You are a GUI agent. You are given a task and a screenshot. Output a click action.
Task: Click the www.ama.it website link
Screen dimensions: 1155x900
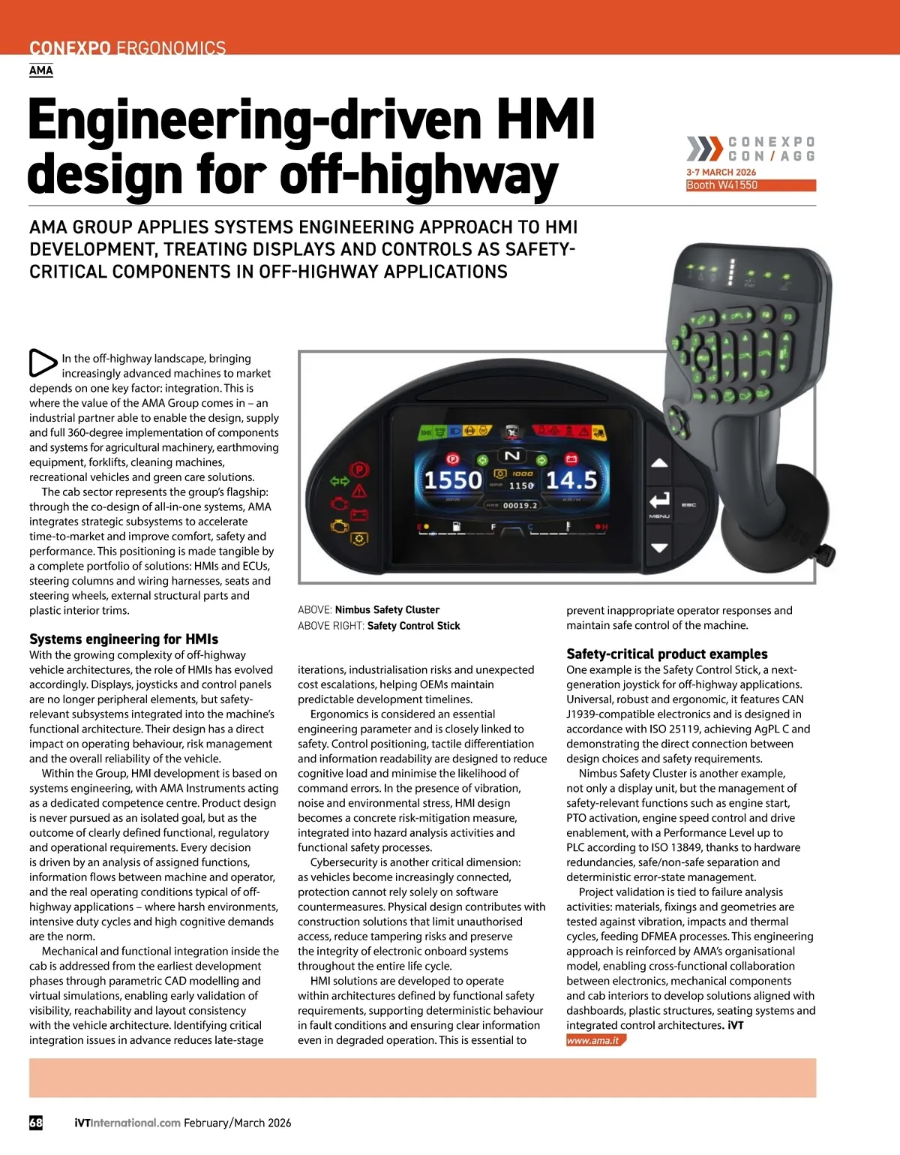(x=593, y=1041)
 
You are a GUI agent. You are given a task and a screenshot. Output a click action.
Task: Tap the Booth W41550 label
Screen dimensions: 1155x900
(x=722, y=185)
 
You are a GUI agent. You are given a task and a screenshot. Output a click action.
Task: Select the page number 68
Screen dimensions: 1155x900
(x=36, y=1123)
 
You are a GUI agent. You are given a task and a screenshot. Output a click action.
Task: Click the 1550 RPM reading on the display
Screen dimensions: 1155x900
(x=453, y=480)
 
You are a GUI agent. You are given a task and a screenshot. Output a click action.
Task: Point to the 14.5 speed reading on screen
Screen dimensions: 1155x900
(x=571, y=480)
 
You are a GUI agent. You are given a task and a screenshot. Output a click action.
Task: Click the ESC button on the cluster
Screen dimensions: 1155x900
(x=688, y=505)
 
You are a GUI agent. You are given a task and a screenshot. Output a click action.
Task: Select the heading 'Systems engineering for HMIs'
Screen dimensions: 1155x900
(x=124, y=639)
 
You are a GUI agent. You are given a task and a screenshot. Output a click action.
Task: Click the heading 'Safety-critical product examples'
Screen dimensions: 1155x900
(x=667, y=654)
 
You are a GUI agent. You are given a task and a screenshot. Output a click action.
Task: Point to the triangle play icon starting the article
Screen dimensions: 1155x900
(x=43, y=363)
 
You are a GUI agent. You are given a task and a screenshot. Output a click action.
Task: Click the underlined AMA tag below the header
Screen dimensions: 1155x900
(x=41, y=71)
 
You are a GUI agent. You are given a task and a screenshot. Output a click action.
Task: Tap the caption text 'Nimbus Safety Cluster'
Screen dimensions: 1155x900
(x=387, y=610)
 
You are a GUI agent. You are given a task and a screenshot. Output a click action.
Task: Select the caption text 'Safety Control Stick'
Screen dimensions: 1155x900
(x=413, y=626)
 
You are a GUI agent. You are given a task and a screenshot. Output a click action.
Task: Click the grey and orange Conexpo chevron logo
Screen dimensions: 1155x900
(x=704, y=149)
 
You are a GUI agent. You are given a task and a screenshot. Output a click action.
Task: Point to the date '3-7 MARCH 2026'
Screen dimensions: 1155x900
(x=721, y=173)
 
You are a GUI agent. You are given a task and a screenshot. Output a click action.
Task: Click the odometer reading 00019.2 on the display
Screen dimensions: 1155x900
(x=520, y=506)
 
